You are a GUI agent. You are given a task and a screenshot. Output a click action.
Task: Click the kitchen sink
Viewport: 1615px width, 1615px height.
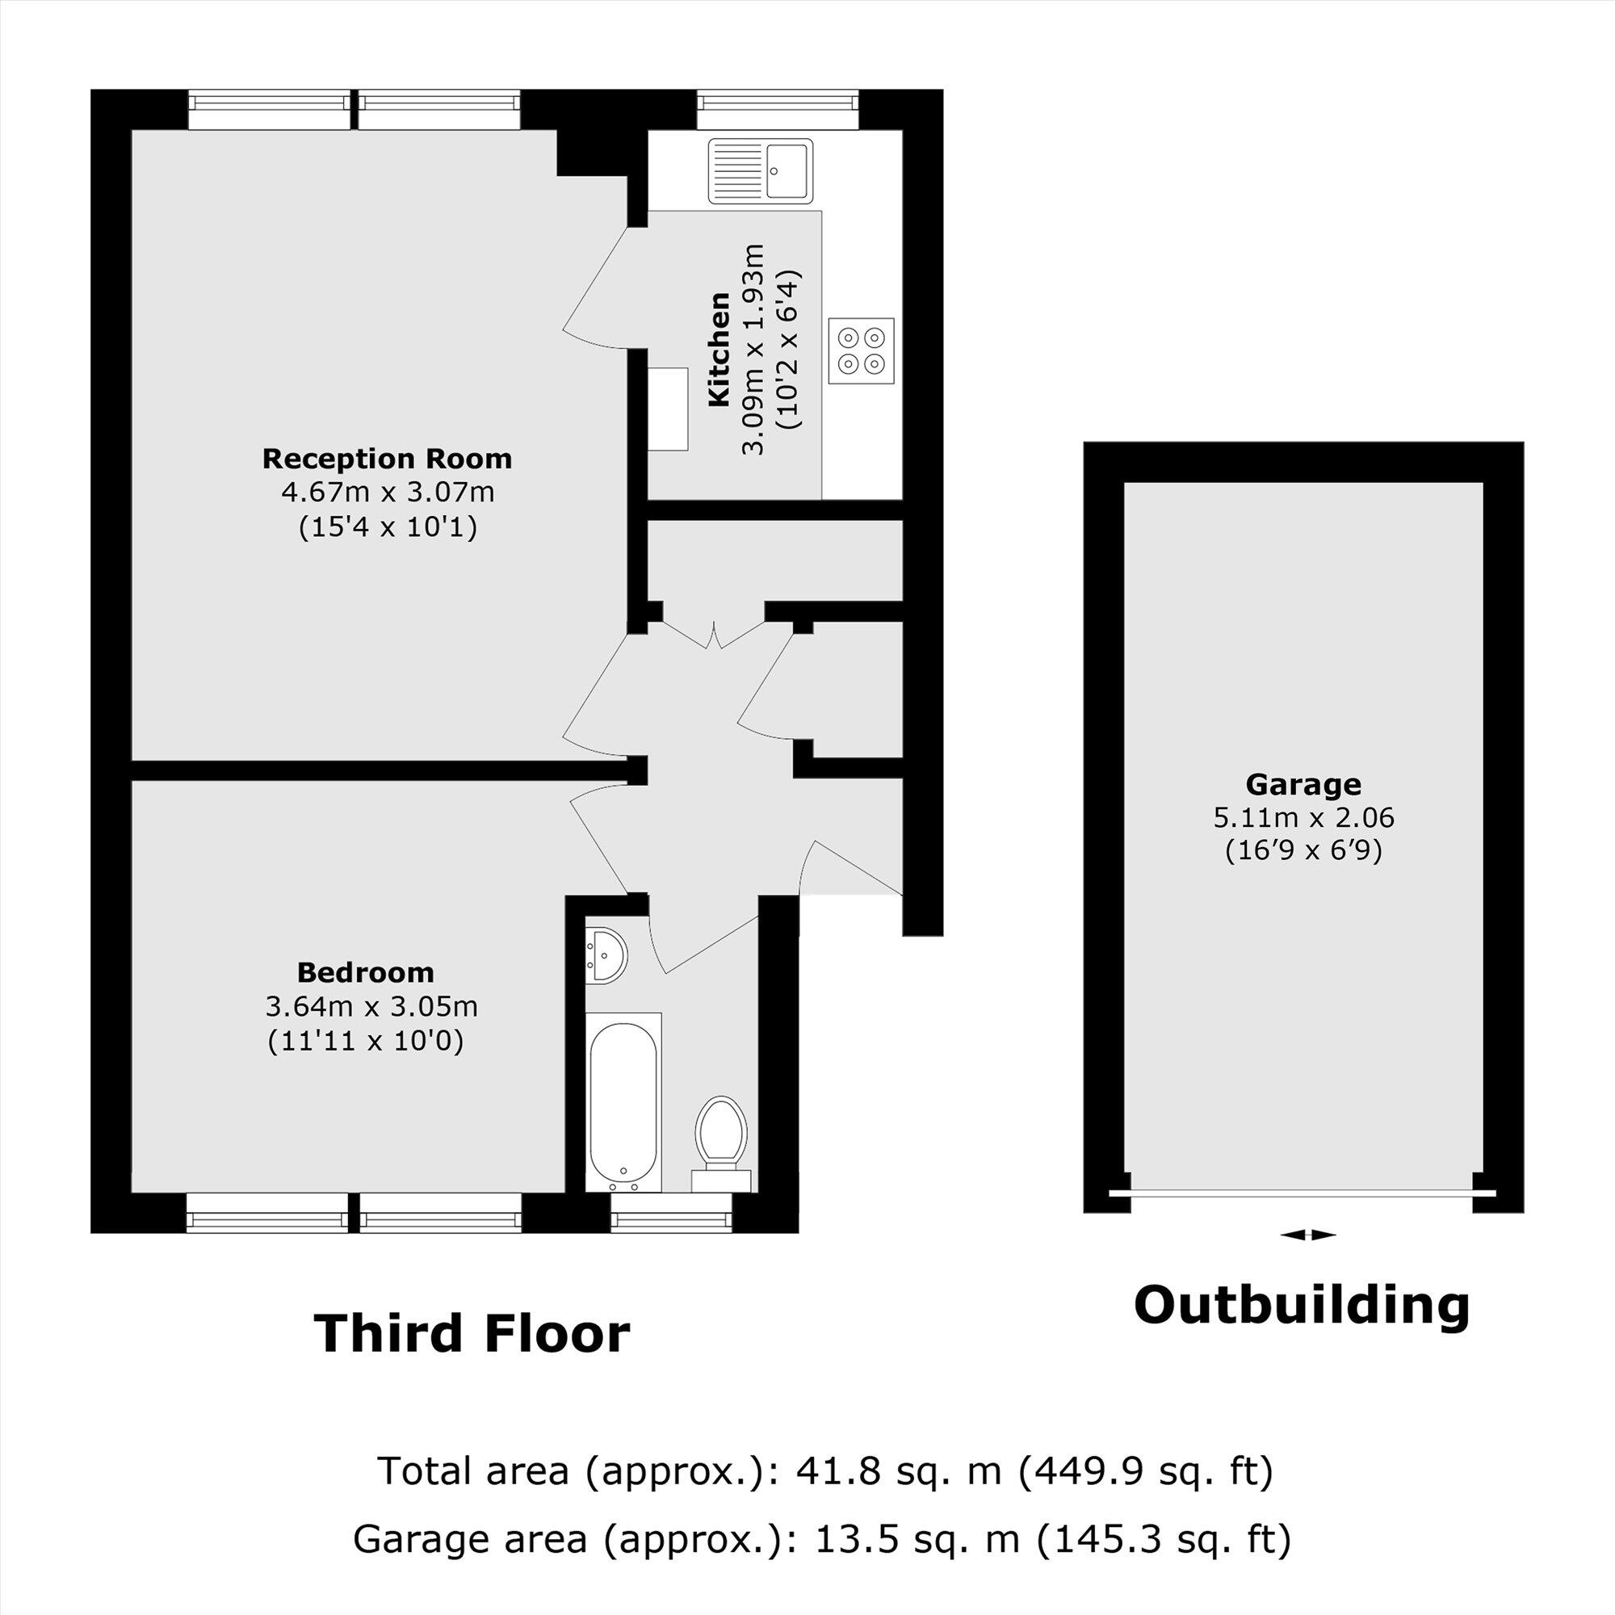pos(761,170)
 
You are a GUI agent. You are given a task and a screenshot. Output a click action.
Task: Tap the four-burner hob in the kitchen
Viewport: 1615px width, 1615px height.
pos(861,351)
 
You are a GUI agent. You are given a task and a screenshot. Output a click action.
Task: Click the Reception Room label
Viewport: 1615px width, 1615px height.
pos(387,459)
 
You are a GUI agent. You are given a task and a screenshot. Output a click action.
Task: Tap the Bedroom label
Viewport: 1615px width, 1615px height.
pos(365,973)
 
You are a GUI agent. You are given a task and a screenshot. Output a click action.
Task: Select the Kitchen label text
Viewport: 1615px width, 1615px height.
pos(719,350)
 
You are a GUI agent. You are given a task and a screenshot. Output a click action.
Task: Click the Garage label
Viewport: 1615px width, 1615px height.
pos(1303,785)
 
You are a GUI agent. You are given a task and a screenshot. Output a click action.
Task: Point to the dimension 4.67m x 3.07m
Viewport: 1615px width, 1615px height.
pos(388,493)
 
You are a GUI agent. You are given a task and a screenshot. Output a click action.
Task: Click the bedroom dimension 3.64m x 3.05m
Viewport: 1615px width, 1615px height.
pos(371,1006)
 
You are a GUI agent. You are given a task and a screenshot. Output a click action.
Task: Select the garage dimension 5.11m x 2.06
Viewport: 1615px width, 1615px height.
pos(1303,817)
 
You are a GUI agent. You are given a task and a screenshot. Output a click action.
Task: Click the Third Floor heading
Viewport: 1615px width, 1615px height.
pos(472,1334)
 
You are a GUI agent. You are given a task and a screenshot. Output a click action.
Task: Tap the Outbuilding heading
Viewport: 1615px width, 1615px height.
pos(1302,1305)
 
